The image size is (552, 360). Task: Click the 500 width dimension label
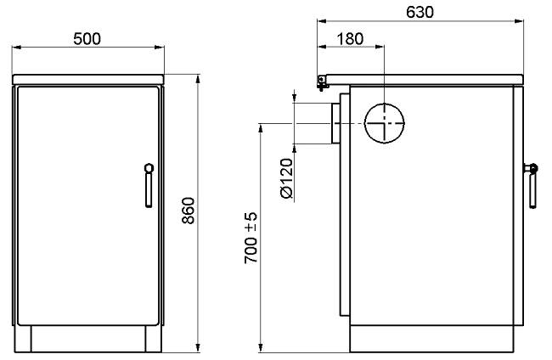coord(87,39)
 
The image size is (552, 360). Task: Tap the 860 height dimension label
coord(189,211)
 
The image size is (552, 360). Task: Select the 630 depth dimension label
coord(420,13)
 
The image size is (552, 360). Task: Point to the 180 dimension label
coord(350,39)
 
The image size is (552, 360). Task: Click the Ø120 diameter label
coord(286,178)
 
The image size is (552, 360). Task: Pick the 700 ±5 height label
coord(251,238)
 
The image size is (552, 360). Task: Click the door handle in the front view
coord(149,185)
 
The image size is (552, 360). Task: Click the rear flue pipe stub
coord(335,123)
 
